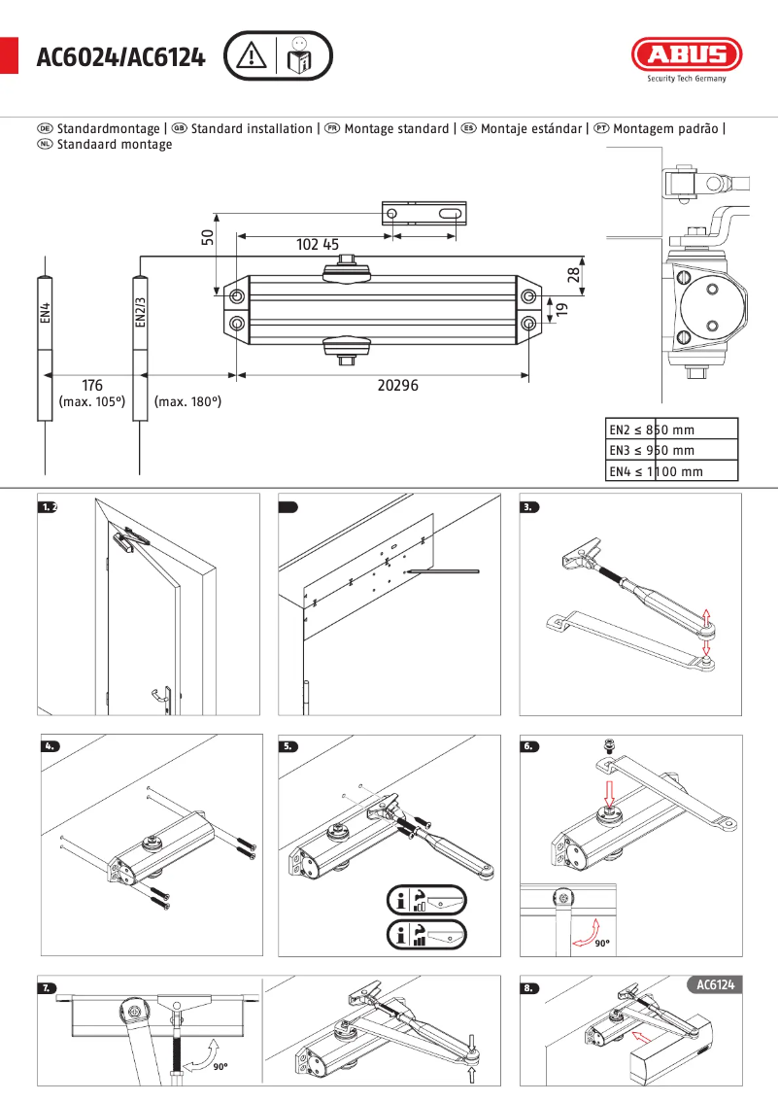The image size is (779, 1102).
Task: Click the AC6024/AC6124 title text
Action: pyautogui.click(x=120, y=58)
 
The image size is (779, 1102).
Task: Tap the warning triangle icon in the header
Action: pyautogui.click(x=251, y=56)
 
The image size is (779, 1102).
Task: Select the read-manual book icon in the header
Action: pyautogui.click(x=300, y=56)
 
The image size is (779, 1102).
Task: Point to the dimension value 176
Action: pyautogui.click(x=91, y=386)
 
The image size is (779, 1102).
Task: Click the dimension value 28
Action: pyautogui.click(x=572, y=275)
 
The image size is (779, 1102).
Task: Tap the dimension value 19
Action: pyautogui.click(x=561, y=310)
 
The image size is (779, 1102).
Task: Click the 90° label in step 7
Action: pyautogui.click(x=220, y=1066)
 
